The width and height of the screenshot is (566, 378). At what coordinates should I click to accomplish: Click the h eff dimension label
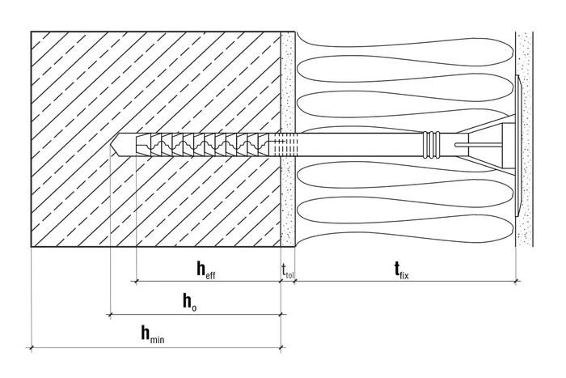pos(205,269)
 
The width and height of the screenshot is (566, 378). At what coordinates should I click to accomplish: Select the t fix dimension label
pos(400,269)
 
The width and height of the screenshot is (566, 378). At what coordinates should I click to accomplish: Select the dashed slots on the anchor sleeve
pos(278,144)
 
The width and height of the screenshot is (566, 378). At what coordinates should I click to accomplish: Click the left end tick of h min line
pos(32,349)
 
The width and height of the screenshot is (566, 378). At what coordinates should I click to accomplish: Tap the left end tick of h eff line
pos(135,281)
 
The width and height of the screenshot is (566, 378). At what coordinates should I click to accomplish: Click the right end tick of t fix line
pos(517,281)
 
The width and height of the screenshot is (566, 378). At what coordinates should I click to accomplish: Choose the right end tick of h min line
pos(281,349)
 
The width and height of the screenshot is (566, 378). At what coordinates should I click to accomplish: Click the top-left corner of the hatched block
pos(32,32)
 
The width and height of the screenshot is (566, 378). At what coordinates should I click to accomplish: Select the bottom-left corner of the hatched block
pos(32,246)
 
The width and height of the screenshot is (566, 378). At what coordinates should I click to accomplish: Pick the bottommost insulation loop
pos(364,235)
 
